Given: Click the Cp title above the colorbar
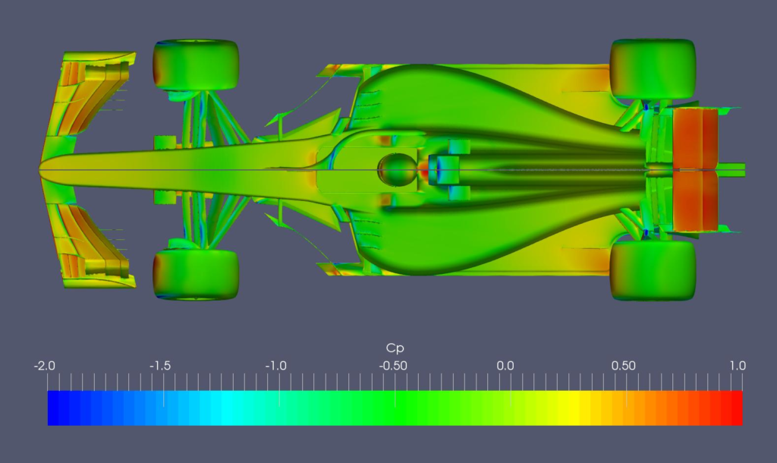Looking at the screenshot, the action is (x=395, y=348).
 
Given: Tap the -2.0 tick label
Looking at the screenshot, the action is (x=45, y=366).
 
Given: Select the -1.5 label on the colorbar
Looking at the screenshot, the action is (x=160, y=366).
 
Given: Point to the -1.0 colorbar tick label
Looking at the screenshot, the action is (x=276, y=366).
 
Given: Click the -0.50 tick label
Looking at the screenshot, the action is (x=393, y=366).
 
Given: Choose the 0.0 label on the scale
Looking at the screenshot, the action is (x=505, y=366).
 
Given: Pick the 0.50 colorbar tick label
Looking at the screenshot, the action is (x=623, y=366).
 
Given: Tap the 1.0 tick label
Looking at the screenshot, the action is (x=738, y=366).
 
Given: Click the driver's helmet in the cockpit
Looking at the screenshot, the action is (x=398, y=169).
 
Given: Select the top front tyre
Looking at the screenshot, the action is (x=196, y=65).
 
